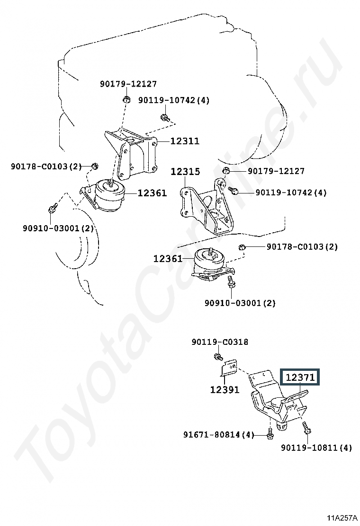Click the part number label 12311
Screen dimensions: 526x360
tap(185, 141)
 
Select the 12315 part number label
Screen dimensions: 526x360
tap(185, 172)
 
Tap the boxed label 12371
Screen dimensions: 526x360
tap(300, 377)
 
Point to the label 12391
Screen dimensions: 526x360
tap(225, 390)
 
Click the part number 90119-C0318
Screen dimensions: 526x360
tap(220, 342)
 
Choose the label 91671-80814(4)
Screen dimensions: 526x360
tap(219, 435)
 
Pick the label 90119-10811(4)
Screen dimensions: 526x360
tap(316, 447)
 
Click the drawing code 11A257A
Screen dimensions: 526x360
tap(342, 518)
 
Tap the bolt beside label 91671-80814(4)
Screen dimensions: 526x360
tap(270, 433)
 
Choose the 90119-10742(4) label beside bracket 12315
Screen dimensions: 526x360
tap(291, 193)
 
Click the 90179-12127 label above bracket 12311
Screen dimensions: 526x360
tap(128, 84)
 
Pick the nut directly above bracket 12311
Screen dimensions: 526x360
tap(126, 99)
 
